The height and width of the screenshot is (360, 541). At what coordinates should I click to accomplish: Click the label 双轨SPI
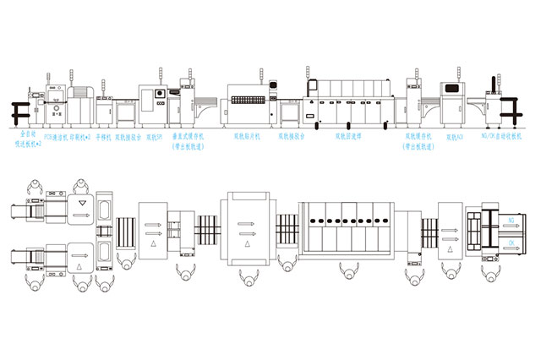[154, 135]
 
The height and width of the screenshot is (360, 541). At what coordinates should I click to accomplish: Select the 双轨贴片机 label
[247, 135]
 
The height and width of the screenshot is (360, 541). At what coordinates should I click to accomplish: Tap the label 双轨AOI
[455, 135]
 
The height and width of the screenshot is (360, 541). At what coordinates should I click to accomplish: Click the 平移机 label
[103, 135]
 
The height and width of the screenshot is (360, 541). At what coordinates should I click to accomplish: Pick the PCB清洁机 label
[56, 135]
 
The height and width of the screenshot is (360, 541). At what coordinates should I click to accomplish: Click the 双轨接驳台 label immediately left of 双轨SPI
[128, 135]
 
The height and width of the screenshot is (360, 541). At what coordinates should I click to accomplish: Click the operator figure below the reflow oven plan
[347, 271]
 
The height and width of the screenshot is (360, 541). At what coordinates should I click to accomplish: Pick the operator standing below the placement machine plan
[247, 279]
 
